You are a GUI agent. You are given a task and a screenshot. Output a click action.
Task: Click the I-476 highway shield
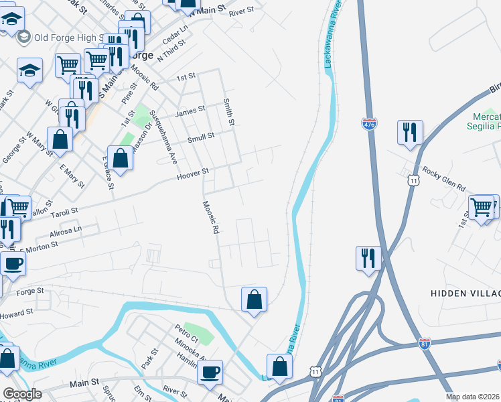click(x=369, y=124)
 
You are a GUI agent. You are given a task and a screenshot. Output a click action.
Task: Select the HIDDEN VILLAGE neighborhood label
click(x=466, y=294)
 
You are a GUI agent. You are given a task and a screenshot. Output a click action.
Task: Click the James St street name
click(x=190, y=112)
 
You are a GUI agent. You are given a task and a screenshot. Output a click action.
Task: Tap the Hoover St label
click(x=193, y=176)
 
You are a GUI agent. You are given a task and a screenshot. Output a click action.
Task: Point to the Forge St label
click(x=30, y=291)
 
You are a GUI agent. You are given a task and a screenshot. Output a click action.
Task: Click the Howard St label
click(x=17, y=314)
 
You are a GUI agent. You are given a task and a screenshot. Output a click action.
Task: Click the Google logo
click(x=21, y=394)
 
